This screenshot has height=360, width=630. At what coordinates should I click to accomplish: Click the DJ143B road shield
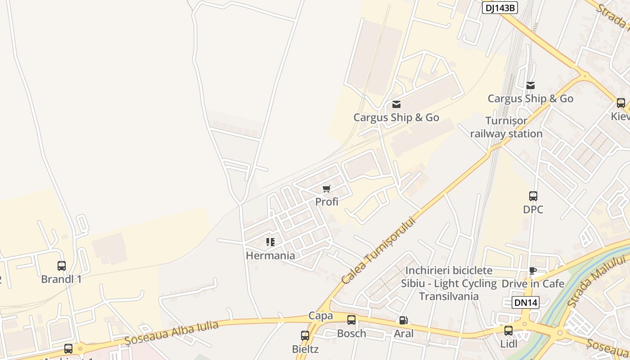pos(500,8)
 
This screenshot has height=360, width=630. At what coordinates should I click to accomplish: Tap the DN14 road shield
pos(526,302)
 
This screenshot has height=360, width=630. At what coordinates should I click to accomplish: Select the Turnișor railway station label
pos(506,127)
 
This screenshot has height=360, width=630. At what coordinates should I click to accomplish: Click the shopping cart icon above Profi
pos(327,189)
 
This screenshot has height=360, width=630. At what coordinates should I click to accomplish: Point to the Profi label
pos(327,202)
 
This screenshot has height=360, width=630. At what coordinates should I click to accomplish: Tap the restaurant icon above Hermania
pos(270,242)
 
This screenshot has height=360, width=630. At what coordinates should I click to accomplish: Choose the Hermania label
pos(270,256)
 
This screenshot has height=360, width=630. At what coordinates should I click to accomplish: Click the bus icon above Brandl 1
pos(62,265)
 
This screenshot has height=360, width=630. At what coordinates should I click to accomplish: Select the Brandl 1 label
pos(62,279)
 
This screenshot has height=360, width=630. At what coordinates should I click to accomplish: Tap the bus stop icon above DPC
pos(533,196)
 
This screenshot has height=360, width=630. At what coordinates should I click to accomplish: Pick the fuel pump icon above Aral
pos(404,320)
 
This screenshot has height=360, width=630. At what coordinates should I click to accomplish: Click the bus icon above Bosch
pos(351,320)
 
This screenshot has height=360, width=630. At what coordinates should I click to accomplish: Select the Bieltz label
pos(305,349)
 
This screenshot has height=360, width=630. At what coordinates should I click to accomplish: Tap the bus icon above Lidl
pos(508,331)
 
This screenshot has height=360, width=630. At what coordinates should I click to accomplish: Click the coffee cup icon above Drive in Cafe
pos(533,270)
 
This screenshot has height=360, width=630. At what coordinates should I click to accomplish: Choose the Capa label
pos(321,315)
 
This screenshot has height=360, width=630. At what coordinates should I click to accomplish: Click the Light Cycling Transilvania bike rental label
pos(449,283)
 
